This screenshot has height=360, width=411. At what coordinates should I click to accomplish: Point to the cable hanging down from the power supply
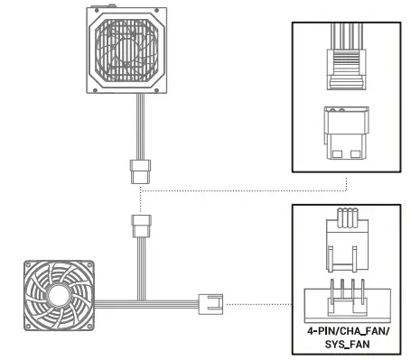[139, 126]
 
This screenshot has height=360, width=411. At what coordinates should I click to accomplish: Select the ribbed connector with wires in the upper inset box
[349, 59]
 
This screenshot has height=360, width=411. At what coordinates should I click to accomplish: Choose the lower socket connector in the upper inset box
[349, 134]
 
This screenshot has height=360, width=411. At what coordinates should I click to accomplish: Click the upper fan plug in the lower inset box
[349, 241]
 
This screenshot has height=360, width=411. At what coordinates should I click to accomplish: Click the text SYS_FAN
[349, 344]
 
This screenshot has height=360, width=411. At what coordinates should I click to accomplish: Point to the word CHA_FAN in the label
[362, 332]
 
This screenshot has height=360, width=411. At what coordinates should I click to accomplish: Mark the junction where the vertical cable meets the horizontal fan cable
[139, 300]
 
